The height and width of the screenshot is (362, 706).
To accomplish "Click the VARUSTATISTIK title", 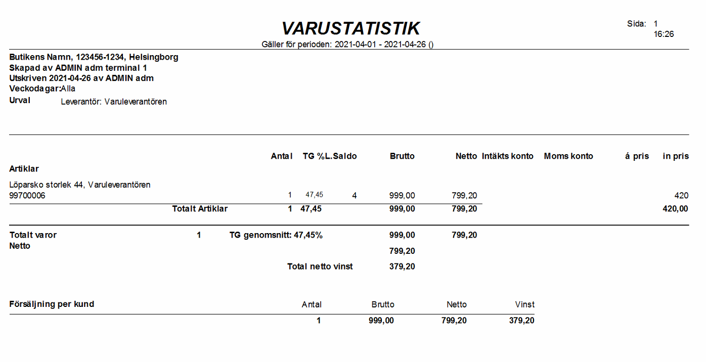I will pyautogui.click(x=350, y=28).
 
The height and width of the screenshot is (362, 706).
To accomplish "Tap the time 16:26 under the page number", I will pyautogui.click(x=664, y=34).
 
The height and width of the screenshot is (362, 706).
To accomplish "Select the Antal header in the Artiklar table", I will pyautogui.click(x=282, y=156).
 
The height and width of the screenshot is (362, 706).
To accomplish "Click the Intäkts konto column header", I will pyautogui.click(x=508, y=156).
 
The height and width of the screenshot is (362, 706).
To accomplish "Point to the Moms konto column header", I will pyautogui.click(x=568, y=156).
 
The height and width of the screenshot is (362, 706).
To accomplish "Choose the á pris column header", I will pyautogui.click(x=637, y=156).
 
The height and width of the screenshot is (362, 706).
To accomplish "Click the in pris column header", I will pyautogui.click(x=676, y=156).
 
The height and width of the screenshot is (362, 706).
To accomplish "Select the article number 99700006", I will pyautogui.click(x=27, y=196).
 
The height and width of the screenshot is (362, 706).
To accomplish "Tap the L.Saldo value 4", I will pyautogui.click(x=355, y=196).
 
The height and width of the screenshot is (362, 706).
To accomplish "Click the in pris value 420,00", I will pyautogui.click(x=676, y=209).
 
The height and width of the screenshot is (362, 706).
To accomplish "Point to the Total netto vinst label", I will pyautogui.click(x=320, y=266).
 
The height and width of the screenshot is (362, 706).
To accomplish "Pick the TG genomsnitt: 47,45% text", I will pyautogui.click(x=276, y=235).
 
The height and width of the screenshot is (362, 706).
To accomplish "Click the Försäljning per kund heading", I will pyautogui.click(x=52, y=304).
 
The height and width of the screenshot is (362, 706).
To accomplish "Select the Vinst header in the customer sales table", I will pyautogui.click(x=524, y=304).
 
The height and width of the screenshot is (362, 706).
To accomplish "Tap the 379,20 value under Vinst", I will pyautogui.click(x=522, y=321).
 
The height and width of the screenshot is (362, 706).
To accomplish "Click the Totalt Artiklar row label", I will pyautogui.click(x=200, y=209).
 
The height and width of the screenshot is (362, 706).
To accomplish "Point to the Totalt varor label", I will pyautogui.click(x=33, y=235).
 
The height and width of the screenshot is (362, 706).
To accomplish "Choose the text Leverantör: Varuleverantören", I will pyautogui.click(x=114, y=102).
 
